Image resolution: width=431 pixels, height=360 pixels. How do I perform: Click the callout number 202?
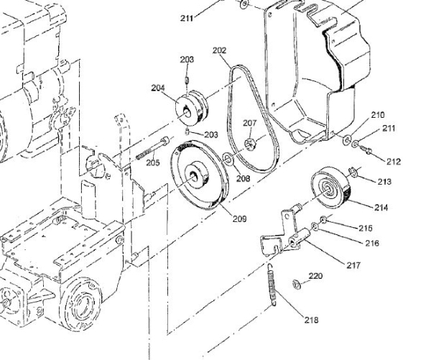pos(219,50)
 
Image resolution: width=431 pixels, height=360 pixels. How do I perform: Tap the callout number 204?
pos(158,88)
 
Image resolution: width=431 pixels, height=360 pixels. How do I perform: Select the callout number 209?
pos(240,218)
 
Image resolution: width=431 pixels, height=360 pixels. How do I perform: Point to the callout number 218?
pos(312,320)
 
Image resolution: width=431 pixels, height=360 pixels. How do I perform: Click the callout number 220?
pos(315,276)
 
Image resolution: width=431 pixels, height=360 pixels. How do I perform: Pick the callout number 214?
pos(381,208)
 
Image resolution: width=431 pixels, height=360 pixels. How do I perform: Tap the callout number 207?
pos(249,123)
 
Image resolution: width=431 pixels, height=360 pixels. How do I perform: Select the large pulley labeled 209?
pos(199,175)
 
